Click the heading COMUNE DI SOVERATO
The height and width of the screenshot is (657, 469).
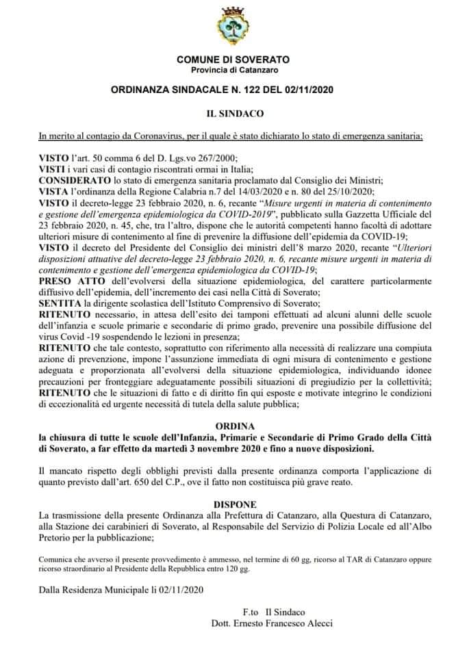[234, 61]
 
